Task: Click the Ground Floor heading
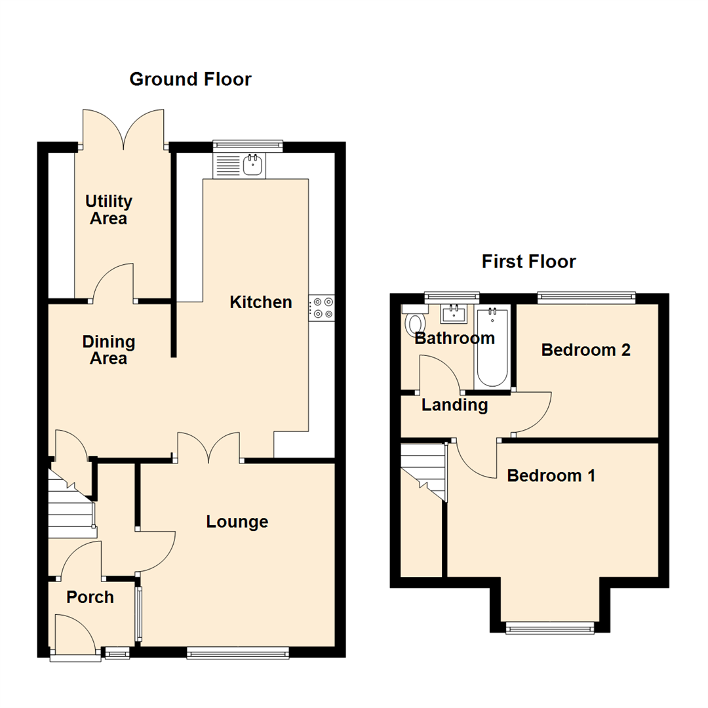coord(190,79)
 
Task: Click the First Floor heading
coord(528,262)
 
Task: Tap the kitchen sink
coord(252,165)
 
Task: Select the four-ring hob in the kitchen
coord(322,308)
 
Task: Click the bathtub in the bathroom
coord(492,347)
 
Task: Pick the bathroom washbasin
coord(454,314)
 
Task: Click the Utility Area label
coord(109,210)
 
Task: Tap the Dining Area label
coord(109,350)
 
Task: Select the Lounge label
coord(237,522)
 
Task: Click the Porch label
coord(90,597)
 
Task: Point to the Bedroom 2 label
coord(585,350)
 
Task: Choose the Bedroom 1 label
coord(551,475)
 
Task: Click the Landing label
coord(454,405)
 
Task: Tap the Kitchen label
coord(260,302)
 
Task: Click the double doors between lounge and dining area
coord(208,448)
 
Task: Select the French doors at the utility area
coord(123,128)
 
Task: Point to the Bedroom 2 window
coord(586,298)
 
